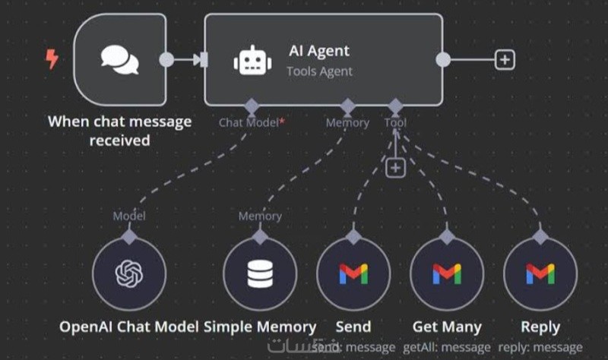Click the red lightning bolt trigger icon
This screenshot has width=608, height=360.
52,59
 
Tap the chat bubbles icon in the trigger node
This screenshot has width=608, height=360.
120,60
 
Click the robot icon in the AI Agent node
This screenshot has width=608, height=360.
252,60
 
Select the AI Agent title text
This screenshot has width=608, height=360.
319,51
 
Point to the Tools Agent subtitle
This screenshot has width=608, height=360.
319,71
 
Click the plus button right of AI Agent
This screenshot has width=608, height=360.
505,60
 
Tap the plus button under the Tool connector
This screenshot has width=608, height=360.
395,167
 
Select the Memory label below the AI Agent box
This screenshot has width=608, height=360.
347,122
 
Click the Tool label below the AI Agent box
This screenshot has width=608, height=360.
395,122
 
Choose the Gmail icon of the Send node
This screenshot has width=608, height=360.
353,274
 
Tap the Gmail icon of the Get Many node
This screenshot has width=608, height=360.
447,274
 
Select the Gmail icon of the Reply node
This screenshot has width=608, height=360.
540,274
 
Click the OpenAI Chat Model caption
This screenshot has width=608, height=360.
129,327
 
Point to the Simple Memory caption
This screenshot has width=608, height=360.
260,327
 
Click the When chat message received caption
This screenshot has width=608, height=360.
120,131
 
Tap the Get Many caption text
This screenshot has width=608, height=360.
447,327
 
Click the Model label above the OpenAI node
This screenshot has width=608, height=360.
129,216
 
